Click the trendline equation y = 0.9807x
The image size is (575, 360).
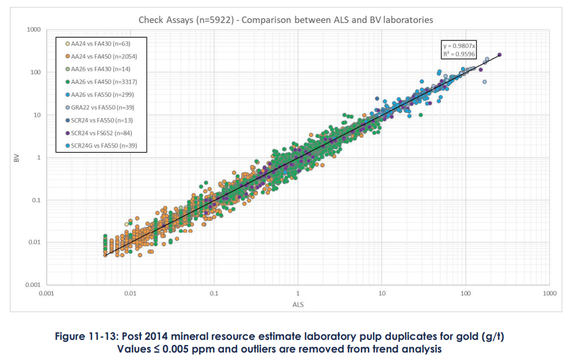pyautogui.click(x=458, y=46)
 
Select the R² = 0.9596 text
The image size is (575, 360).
pyautogui.click(x=458, y=54)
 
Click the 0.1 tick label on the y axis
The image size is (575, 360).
pyautogui.click(x=35, y=200)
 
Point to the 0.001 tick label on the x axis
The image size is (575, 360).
pyautogui.click(x=46, y=294)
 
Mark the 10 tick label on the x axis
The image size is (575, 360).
pyautogui.click(x=382, y=294)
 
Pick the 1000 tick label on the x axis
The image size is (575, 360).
pyautogui.click(x=549, y=294)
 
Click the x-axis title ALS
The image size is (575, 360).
pyautogui.click(x=298, y=304)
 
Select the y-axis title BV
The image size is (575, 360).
pyautogui.click(x=17, y=157)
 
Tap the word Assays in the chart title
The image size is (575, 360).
pyautogui.click(x=180, y=20)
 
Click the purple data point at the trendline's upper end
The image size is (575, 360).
pyautogui.click(x=499, y=55)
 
